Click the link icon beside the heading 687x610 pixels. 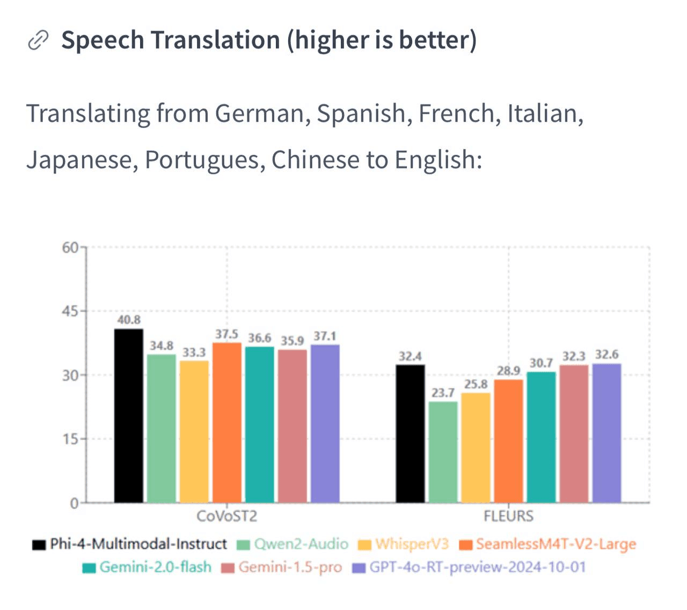click(38, 40)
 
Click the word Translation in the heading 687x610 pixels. click(215, 40)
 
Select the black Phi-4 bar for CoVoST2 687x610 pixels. click(129, 416)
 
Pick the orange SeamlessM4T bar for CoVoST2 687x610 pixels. click(227, 423)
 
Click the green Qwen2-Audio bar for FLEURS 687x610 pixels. click(443, 452)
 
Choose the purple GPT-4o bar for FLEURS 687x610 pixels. click(606, 433)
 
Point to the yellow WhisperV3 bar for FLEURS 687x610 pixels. click(476, 448)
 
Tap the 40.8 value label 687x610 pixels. click(129, 320)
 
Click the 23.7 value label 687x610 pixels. click(443, 393)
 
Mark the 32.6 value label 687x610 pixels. click(606, 355)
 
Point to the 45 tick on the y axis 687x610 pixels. click(70, 311)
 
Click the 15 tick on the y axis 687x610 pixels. click(70, 439)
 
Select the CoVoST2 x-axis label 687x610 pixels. click(226, 516)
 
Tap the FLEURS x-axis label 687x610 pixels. click(508, 516)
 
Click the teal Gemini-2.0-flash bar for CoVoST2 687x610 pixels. click(260, 425)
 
